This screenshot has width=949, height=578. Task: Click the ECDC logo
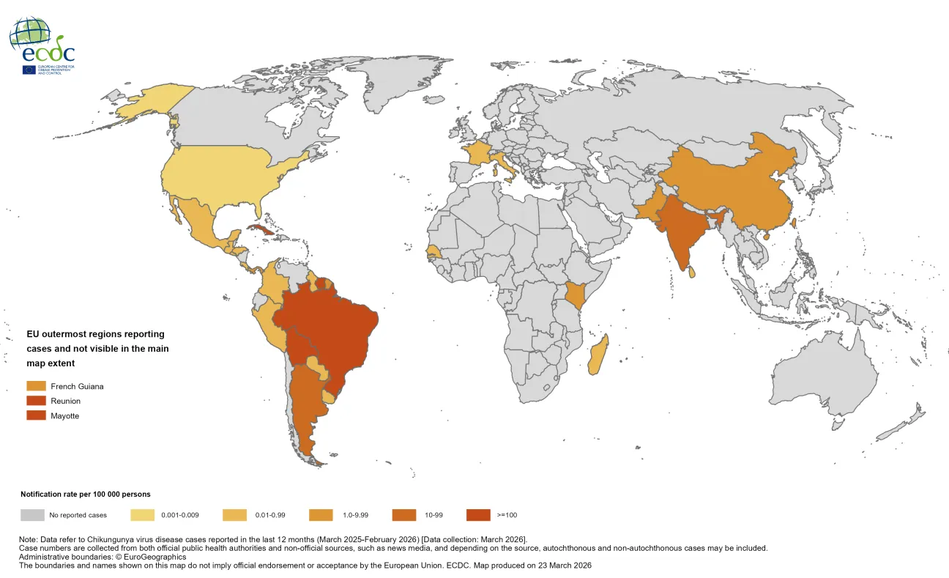(x=42, y=45)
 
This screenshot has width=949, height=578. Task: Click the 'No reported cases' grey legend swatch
(x=32, y=515)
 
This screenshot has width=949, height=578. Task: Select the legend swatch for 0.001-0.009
(x=143, y=515)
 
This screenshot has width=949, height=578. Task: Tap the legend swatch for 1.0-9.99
(x=322, y=515)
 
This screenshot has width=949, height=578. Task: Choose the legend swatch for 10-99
(x=405, y=515)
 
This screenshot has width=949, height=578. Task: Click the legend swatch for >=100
(x=478, y=515)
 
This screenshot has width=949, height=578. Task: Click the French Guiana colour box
(x=37, y=386)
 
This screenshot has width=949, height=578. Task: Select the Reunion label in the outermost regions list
(x=65, y=401)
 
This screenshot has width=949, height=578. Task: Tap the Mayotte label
(x=64, y=415)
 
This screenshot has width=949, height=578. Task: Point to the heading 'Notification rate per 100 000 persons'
(x=86, y=494)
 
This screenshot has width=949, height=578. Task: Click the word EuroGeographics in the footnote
(x=151, y=557)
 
